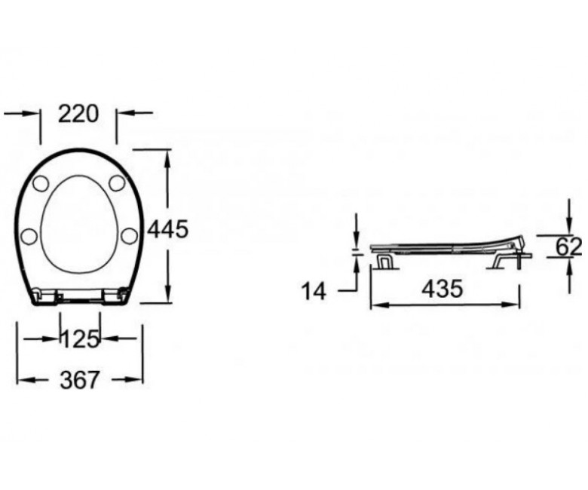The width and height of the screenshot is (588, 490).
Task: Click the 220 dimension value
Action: click(x=78, y=114)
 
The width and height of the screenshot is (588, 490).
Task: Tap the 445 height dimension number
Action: click(x=167, y=229)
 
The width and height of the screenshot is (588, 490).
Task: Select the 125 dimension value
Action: click(x=80, y=339)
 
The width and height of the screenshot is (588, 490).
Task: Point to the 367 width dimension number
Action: click(x=79, y=380)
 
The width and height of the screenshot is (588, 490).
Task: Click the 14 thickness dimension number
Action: click(x=314, y=291)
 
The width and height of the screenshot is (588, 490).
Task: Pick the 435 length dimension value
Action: click(x=443, y=289)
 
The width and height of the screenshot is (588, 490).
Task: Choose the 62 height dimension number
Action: click(x=568, y=247)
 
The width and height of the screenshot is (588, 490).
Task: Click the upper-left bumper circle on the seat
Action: click(x=41, y=183)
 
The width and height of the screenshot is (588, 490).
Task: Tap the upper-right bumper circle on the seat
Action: click(x=117, y=182)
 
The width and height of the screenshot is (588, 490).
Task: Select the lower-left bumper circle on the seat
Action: click(x=29, y=237)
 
